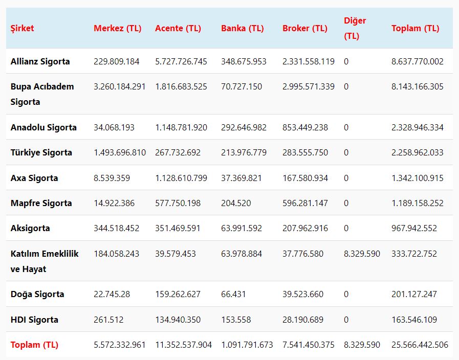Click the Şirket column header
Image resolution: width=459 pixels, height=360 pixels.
pos(23,28)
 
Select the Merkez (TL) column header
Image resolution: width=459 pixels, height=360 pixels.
pos(117,28)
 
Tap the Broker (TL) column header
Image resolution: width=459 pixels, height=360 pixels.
pos(304,28)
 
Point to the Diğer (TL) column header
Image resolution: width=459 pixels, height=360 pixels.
pos(355,28)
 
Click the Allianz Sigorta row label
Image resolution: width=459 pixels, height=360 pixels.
pos(40,61)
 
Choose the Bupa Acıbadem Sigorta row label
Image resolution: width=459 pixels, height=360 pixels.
pos(42,94)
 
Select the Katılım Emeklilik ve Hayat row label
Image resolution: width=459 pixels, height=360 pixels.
pos(45,261)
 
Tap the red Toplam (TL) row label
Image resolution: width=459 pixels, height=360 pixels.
pos(34,345)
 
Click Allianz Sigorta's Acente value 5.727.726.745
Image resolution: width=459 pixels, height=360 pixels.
pos(181,61)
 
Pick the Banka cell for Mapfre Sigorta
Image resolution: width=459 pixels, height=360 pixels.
pos(236,203)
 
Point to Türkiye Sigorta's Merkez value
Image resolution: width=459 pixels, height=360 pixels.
pos(120,152)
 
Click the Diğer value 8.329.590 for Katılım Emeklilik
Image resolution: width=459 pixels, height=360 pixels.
pos(362,254)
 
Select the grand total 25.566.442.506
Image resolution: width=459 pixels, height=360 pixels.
pos(420,345)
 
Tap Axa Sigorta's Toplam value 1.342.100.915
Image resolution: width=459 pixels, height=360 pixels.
pos(417,178)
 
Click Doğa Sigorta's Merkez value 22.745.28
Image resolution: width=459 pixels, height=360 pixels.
pos(112,294)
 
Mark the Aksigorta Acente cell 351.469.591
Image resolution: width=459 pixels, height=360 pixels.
pos(178,228)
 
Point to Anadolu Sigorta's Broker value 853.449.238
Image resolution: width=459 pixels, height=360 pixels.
pos(305,127)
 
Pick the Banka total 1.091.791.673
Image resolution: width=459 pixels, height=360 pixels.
pos(247,345)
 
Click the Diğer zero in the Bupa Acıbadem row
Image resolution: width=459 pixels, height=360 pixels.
pos(346,86)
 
